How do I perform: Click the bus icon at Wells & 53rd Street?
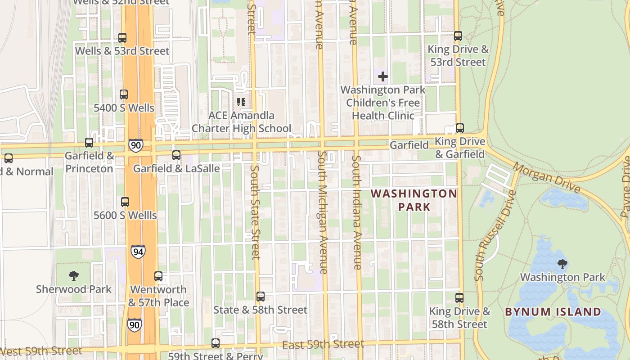[x=122, y=38]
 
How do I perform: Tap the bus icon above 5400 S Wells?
[x=124, y=94]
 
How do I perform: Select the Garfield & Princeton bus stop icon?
[x=89, y=143]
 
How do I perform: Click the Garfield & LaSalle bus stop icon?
[x=176, y=155]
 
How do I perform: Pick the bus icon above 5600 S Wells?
[x=125, y=202]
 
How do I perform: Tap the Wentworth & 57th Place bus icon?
[x=158, y=276]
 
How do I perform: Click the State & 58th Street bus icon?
[x=261, y=297]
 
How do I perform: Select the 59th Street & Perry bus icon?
[x=216, y=343]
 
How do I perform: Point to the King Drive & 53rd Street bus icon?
[x=458, y=36]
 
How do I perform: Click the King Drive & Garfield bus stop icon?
[x=460, y=128]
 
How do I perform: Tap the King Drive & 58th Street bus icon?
[x=459, y=298]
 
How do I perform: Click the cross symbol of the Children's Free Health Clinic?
[x=383, y=76]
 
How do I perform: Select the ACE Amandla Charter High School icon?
[x=241, y=102]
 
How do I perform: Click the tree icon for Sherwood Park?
[x=74, y=275]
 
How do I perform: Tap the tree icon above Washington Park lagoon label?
[x=562, y=264]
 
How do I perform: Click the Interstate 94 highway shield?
[x=138, y=252]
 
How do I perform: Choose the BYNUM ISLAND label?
[x=553, y=312]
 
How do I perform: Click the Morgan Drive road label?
[x=546, y=178]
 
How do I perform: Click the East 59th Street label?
[x=323, y=345]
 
